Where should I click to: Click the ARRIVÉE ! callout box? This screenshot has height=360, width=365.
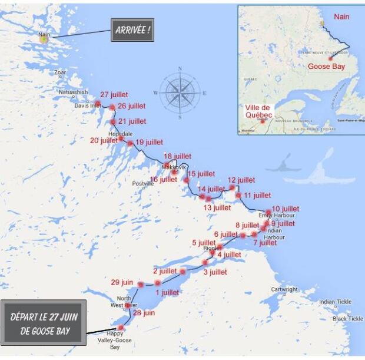point(132,29)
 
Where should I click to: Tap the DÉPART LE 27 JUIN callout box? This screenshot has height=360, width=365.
point(44,322)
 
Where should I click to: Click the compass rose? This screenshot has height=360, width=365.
point(180,93)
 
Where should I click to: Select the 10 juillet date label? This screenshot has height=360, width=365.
point(286,209)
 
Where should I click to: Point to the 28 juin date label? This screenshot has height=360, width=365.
point(144,313)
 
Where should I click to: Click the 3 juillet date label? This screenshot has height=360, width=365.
point(215,272)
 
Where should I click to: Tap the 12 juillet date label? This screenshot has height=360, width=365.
point(241,180)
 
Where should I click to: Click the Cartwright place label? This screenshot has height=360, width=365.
point(284,289)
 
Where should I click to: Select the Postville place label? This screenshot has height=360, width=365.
point(143,184)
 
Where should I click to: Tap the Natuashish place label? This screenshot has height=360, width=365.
point(73,93)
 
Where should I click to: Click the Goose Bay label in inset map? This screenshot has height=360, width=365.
point(326,67)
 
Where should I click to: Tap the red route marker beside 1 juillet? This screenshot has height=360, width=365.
point(158,283)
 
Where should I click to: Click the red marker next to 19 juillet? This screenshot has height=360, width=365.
point(130,143)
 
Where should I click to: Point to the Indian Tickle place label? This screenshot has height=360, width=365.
point(335,302)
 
